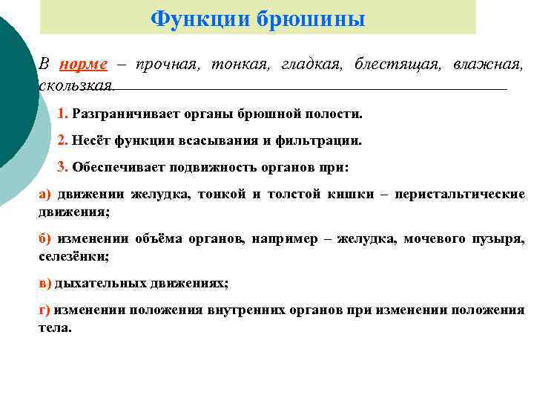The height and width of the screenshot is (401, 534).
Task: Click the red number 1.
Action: [62, 115]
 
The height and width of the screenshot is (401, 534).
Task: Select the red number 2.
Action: [62, 140]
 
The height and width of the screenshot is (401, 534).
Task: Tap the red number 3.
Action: [62, 166]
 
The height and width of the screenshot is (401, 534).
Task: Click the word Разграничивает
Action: [119, 115]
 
